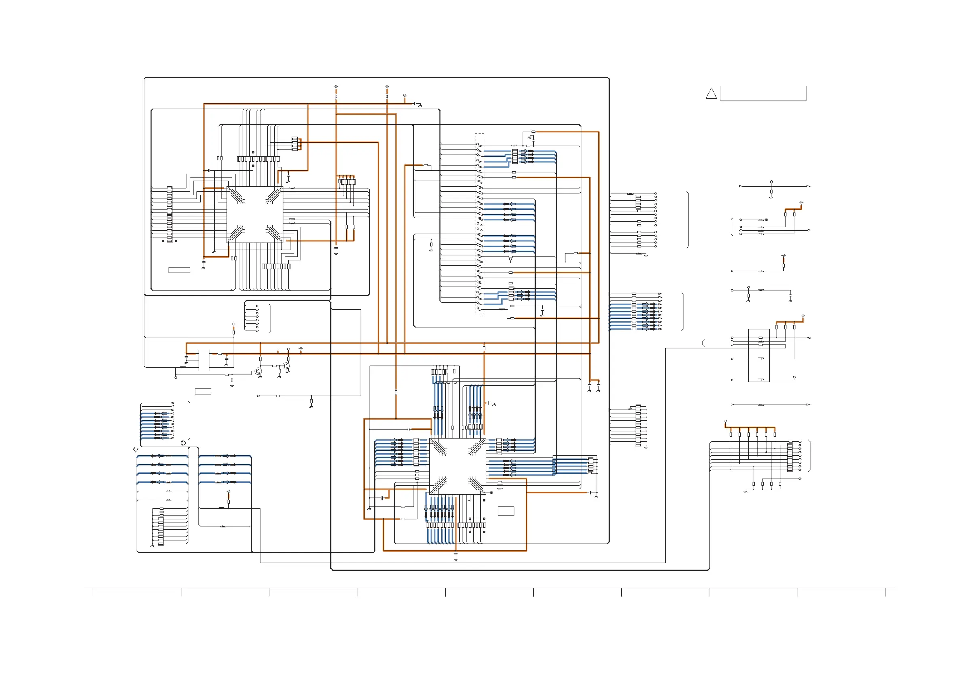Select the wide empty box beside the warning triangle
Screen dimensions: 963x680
763,93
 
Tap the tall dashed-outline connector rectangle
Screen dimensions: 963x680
479,224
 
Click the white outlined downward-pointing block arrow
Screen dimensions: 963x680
135,449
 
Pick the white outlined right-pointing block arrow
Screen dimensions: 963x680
183,443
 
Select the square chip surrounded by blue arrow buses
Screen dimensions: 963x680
458,466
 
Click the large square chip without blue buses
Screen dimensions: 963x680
255,214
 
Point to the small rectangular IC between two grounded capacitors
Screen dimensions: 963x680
204,360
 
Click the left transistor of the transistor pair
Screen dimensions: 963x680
258,371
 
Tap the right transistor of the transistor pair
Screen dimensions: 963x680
286,366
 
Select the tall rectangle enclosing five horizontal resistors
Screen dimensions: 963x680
759,355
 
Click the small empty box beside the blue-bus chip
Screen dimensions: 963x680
506,511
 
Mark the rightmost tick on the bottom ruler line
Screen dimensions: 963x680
886,592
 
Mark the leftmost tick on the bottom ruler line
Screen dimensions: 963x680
93,592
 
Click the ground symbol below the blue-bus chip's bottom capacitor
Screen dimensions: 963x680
456,559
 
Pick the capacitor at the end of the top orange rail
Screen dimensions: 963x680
415,103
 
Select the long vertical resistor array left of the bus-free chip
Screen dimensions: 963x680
169,214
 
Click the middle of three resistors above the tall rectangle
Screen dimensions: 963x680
785,327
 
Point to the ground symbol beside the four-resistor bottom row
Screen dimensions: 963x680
745,491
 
